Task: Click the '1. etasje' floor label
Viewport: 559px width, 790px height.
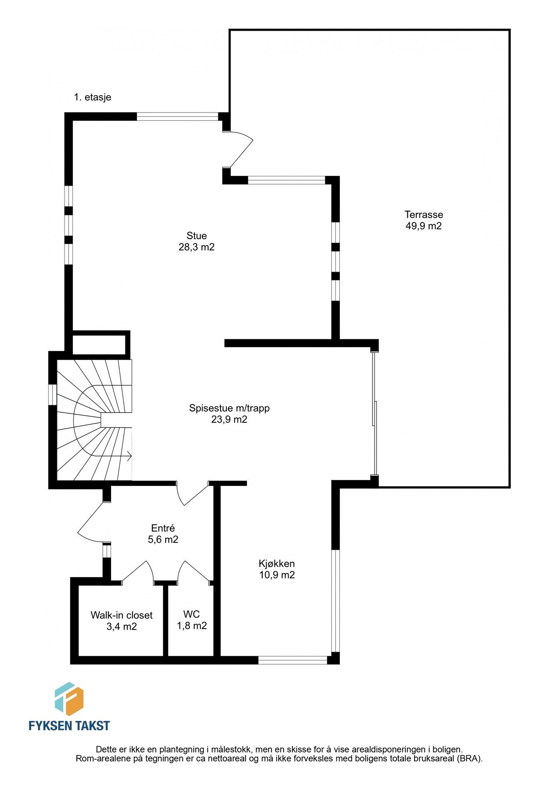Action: tap(93, 97)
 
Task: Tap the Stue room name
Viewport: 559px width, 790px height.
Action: tap(196, 236)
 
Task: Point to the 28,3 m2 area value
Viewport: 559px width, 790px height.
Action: tap(196, 247)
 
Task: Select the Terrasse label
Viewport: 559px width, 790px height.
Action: tap(423, 215)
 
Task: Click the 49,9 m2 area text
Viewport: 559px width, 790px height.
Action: tap(423, 226)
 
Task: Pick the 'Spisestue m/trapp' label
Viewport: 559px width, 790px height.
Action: tap(229, 408)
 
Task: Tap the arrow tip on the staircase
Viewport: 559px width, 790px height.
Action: tap(130, 456)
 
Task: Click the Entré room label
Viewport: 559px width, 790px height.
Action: tap(163, 528)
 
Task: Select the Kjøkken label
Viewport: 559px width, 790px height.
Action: tap(277, 564)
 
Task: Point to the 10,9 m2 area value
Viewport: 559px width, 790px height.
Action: tap(277, 575)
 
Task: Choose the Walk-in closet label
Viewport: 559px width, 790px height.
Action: tap(122, 615)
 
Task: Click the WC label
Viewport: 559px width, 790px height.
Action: tap(191, 614)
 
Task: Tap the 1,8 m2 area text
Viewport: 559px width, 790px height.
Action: tap(191, 626)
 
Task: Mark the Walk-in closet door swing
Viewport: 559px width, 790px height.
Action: tap(138, 572)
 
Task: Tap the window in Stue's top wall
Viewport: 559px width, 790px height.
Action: tap(177, 116)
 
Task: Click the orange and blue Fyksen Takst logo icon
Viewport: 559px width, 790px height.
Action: tap(69, 698)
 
